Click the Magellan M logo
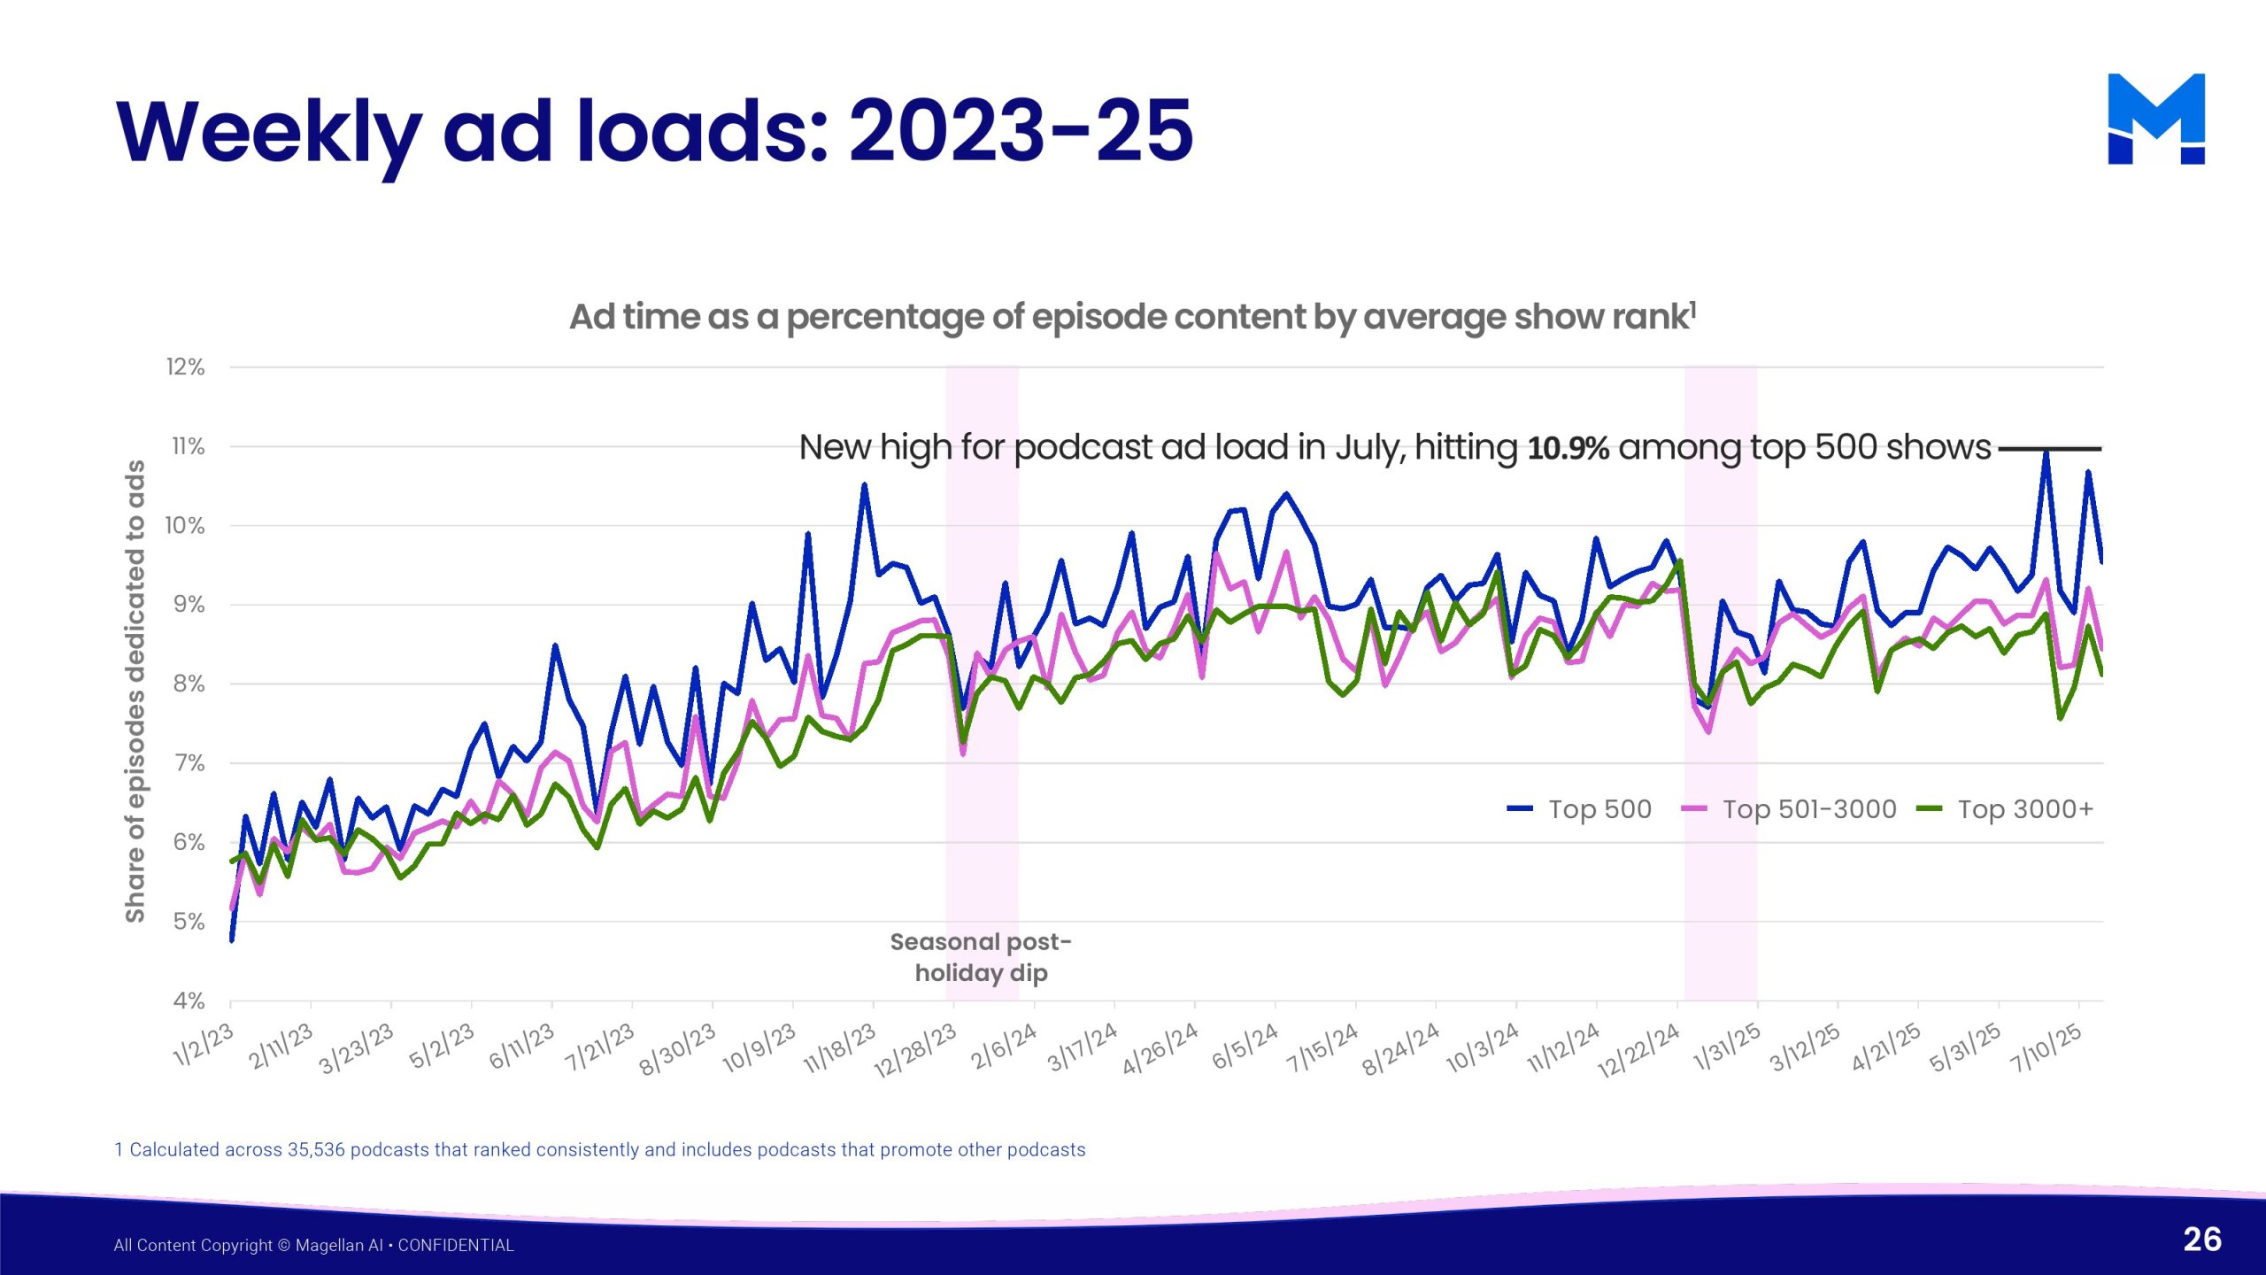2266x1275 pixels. (2155, 119)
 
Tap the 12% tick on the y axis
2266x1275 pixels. (185, 367)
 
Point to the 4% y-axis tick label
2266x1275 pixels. (189, 1001)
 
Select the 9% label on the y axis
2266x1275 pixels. (189, 605)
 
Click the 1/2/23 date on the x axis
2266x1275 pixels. (204, 1045)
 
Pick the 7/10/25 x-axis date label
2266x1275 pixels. (2046, 1048)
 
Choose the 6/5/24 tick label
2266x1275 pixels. (1245, 1047)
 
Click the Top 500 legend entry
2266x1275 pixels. (1580, 809)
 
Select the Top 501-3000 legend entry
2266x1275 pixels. (1789, 809)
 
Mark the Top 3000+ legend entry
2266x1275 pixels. (2005, 809)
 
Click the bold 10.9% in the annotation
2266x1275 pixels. (1568, 448)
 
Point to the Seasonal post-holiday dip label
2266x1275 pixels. (981, 957)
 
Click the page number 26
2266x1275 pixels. (2202, 1240)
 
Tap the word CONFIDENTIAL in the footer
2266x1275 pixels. (456, 1246)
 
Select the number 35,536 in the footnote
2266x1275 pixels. (316, 1150)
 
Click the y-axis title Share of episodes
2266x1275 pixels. (135, 691)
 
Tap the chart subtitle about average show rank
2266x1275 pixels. (1132, 317)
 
